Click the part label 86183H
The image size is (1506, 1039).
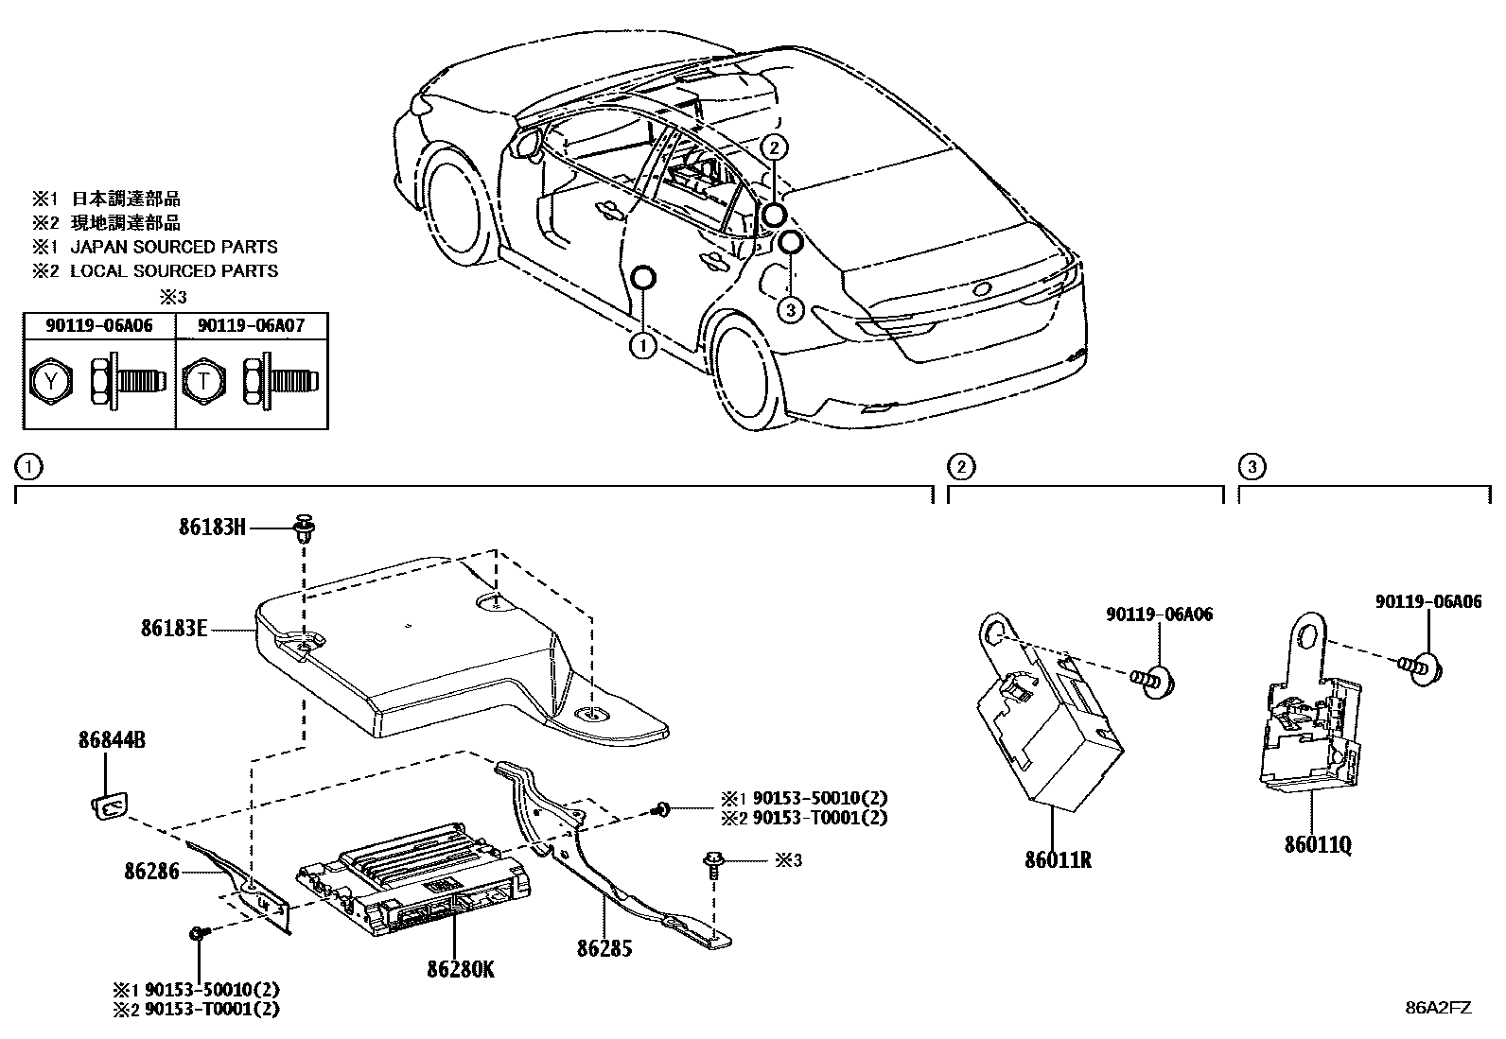coord(212,528)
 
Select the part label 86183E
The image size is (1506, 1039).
coord(173,627)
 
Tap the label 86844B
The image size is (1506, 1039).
coord(112,740)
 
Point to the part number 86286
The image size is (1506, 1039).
coord(151,871)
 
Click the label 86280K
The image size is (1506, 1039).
coord(460,969)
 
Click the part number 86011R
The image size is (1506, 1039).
coord(1058,860)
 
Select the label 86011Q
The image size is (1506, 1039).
coord(1318,845)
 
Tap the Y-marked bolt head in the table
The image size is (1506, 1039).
coord(48,381)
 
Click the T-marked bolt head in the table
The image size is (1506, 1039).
coord(201,381)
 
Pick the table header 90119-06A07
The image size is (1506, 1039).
coord(251,326)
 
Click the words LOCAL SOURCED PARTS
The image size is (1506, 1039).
coord(174,271)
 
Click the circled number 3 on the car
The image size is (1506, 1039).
coord(791,309)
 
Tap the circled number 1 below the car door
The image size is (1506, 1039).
coord(642,346)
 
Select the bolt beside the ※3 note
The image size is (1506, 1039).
coord(711,865)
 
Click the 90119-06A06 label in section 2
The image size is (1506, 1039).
coord(1159,615)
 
